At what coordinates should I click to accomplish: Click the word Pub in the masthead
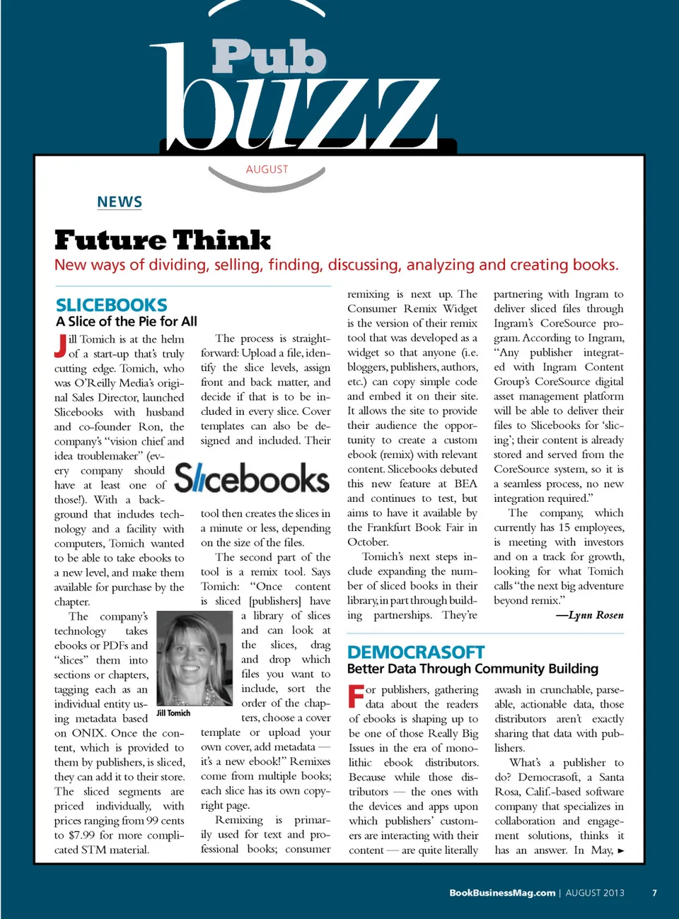pyautogui.click(x=269, y=57)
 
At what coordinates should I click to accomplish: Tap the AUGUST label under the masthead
pyautogui.click(x=267, y=170)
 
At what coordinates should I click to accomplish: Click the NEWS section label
pyautogui.click(x=120, y=202)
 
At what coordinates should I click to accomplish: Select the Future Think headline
pyautogui.click(x=163, y=240)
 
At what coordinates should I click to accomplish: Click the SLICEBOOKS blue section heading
pyautogui.click(x=112, y=305)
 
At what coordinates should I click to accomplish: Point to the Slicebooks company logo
pyautogui.click(x=252, y=479)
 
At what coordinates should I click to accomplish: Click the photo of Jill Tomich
pyautogui.click(x=195, y=658)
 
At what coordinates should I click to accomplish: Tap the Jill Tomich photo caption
pyautogui.click(x=174, y=713)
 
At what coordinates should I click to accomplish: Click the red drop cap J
pyautogui.click(x=61, y=346)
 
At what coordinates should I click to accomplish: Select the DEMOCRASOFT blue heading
pyautogui.click(x=416, y=652)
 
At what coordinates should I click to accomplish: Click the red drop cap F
pyautogui.click(x=356, y=696)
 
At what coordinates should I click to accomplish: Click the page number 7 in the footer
pyautogui.click(x=654, y=893)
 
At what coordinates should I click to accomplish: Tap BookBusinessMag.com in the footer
pyautogui.click(x=502, y=893)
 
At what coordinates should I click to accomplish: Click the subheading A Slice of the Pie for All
pyautogui.click(x=127, y=322)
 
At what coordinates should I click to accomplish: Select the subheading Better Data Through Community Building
pyautogui.click(x=472, y=669)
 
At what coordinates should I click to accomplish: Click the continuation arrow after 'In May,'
pyautogui.click(x=621, y=850)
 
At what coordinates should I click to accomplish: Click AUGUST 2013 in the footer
pyautogui.click(x=595, y=893)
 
